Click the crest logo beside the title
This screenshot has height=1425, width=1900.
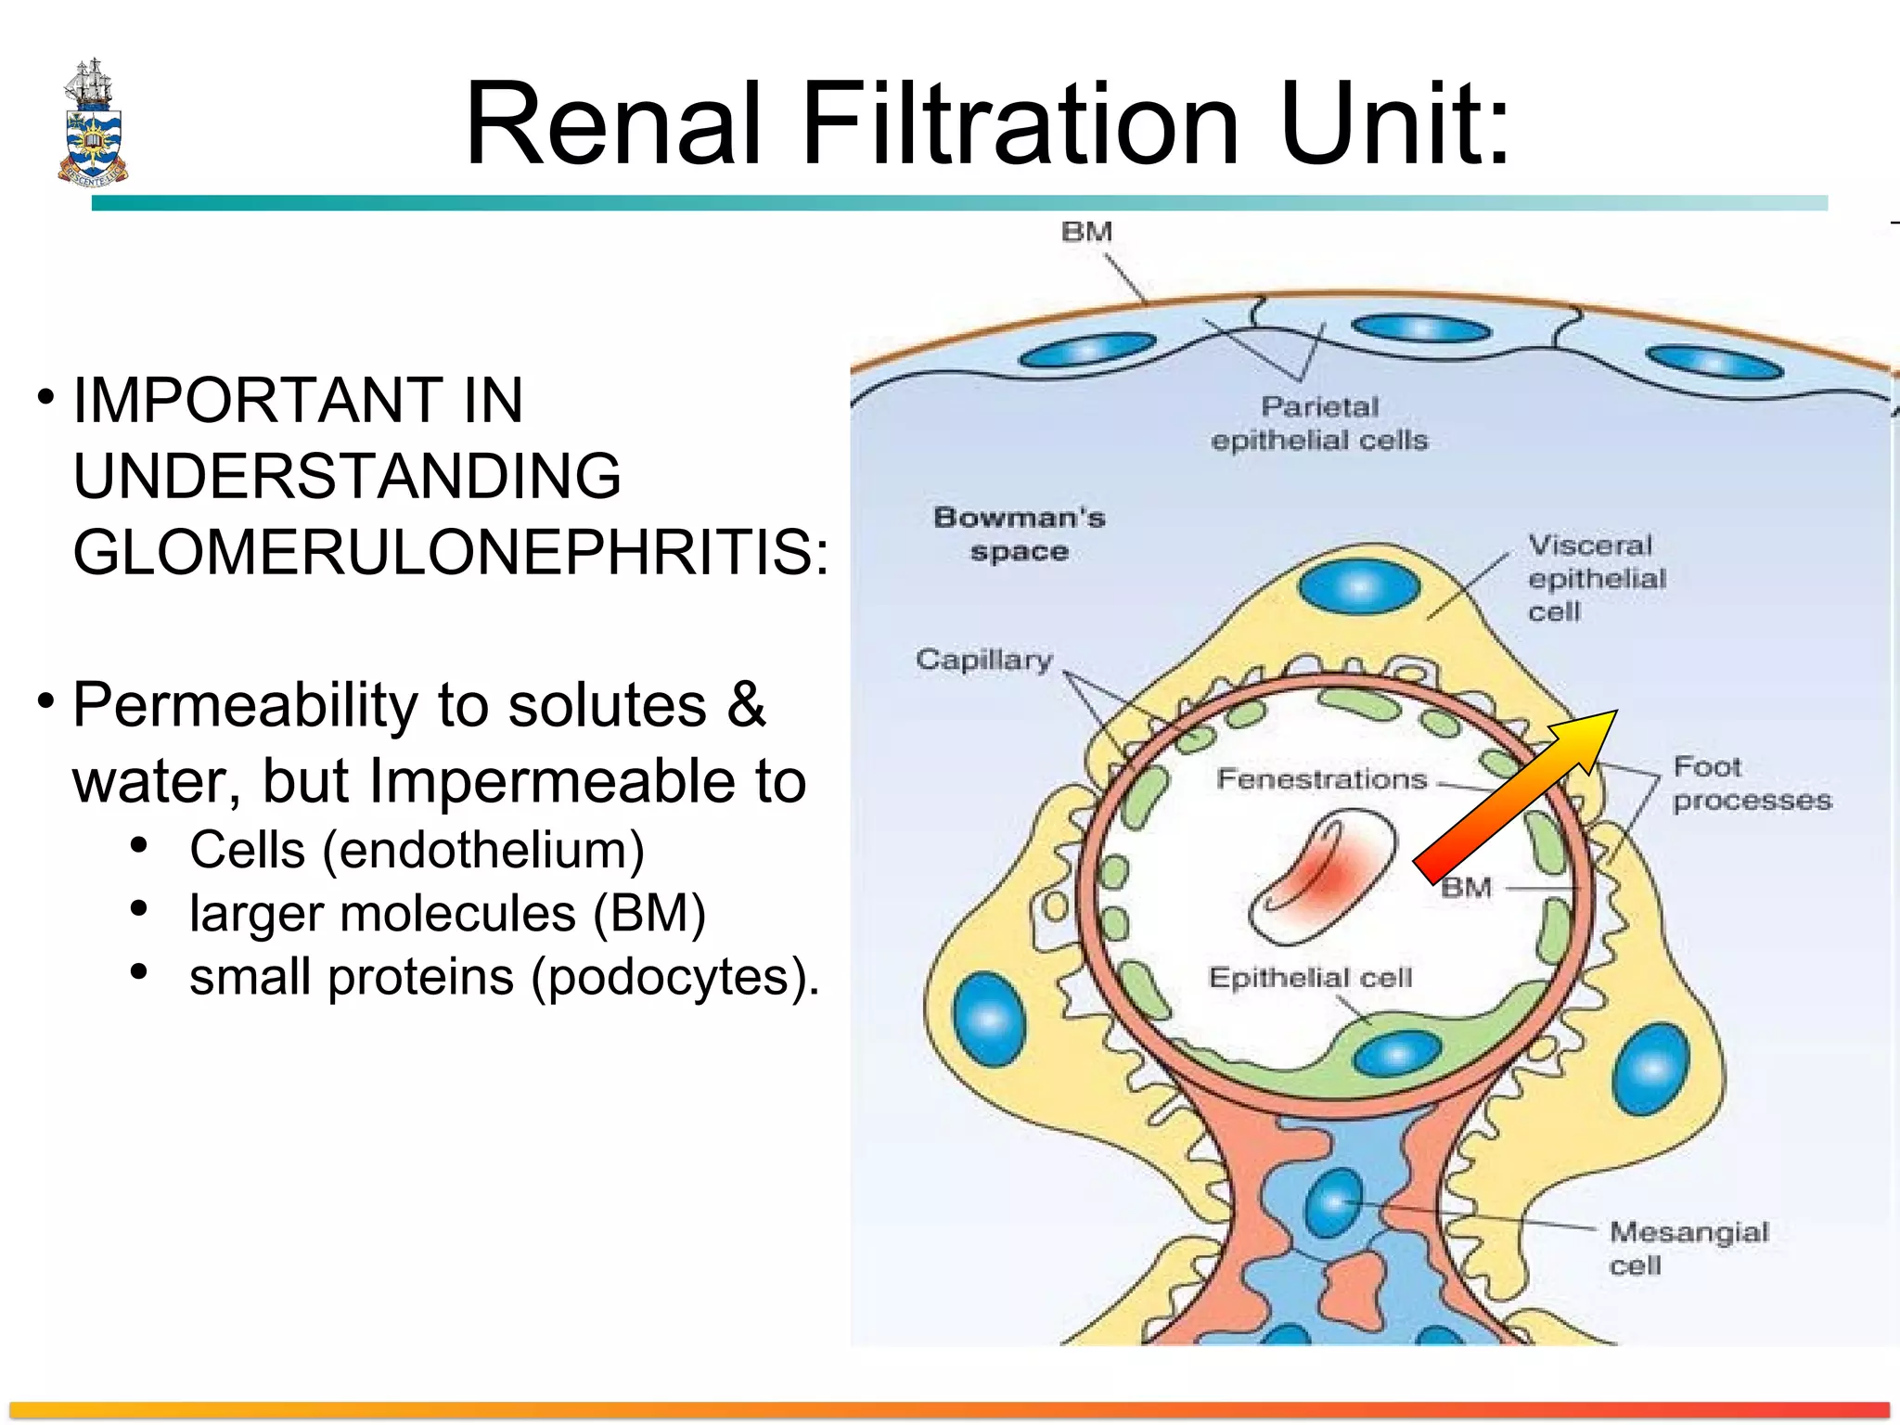click(93, 123)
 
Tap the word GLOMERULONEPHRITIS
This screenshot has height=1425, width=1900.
click(449, 553)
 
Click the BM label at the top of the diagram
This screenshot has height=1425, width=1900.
click(1086, 231)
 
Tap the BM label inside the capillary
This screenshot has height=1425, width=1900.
click(1466, 888)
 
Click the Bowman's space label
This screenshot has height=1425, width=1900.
click(1019, 534)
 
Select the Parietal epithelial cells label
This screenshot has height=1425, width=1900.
click(1319, 423)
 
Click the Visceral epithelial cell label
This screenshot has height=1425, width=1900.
click(1596, 577)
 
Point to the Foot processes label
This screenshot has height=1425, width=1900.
click(1750, 783)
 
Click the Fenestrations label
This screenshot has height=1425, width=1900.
click(1321, 778)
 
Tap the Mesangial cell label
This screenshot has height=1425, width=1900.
click(1688, 1248)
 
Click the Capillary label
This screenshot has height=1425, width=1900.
click(983, 660)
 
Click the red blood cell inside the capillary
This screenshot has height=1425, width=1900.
click(1322, 877)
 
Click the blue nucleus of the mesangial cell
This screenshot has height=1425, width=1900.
click(1333, 1203)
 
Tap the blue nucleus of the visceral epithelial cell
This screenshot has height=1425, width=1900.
click(1359, 587)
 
